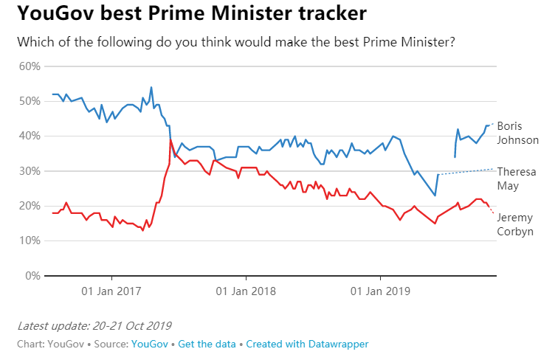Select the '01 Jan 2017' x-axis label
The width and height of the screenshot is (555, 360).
pyautogui.click(x=111, y=291)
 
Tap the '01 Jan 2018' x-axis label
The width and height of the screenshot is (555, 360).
pyautogui.click(x=246, y=291)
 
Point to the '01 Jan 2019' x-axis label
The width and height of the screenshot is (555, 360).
pyautogui.click(x=380, y=291)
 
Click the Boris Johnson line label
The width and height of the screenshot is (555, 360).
pyautogui.click(x=517, y=133)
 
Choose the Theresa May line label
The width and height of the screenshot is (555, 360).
pyautogui.click(x=516, y=179)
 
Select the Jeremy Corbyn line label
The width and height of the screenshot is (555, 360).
pyautogui.click(x=515, y=224)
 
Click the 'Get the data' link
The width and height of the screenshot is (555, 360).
pyautogui.click(x=207, y=344)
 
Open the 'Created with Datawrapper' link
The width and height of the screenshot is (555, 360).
pyautogui.click(x=307, y=344)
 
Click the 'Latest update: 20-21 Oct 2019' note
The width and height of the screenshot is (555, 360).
pyautogui.click(x=94, y=325)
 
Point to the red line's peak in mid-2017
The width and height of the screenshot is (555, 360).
pyautogui.click(x=170, y=139)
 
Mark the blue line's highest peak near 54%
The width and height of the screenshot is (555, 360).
pyautogui.click(x=151, y=87)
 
